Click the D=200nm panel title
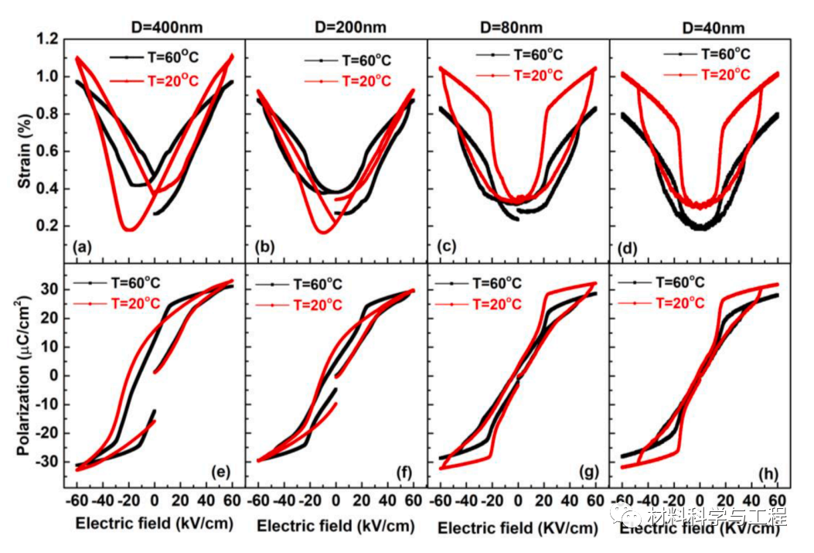346,29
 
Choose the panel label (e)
219,472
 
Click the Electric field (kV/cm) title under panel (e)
155,524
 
